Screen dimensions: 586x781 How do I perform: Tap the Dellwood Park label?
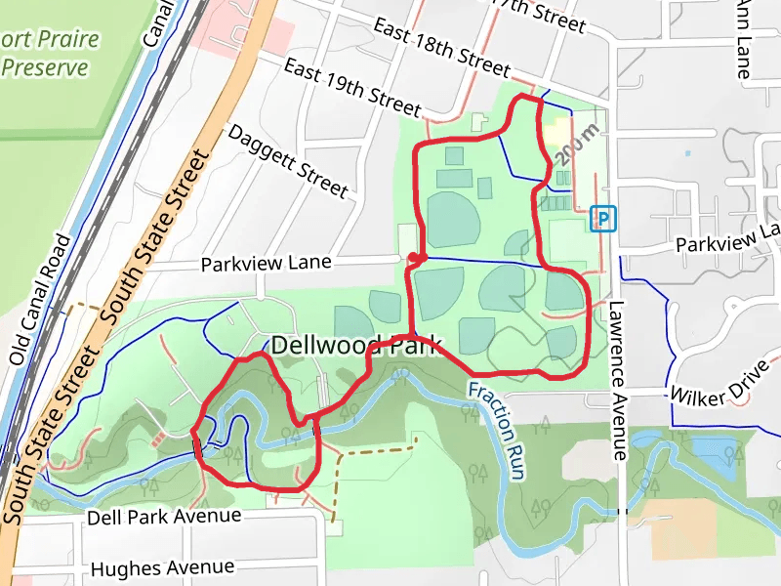point(356,345)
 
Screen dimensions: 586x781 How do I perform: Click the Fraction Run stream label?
point(497,431)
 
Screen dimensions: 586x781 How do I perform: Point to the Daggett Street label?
point(286,159)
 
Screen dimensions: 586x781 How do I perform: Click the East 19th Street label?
point(351,86)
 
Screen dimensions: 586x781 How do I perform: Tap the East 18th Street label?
point(441,48)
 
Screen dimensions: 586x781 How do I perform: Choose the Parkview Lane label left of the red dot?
point(267,264)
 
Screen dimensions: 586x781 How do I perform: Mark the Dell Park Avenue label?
point(163,515)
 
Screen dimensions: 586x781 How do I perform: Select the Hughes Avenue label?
point(162,567)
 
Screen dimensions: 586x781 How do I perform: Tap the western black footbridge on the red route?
point(198,448)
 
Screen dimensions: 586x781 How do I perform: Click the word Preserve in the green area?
point(45,68)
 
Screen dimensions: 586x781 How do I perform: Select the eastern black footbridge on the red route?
point(316,427)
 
